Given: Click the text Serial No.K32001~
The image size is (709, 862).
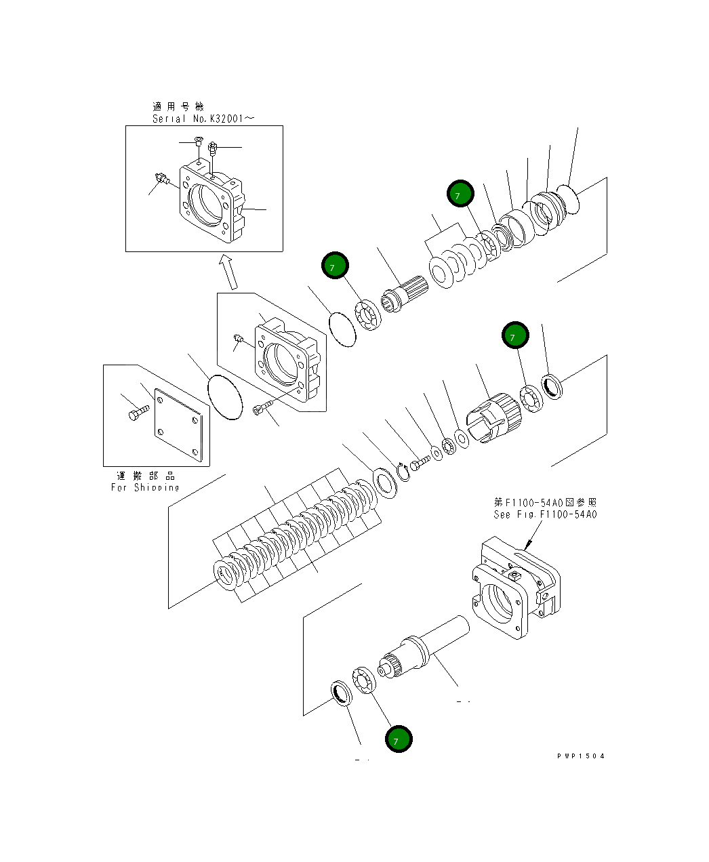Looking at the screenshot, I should (203, 119).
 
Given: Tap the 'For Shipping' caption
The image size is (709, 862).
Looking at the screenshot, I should (145, 487).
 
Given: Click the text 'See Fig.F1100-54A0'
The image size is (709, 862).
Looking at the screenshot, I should (545, 514).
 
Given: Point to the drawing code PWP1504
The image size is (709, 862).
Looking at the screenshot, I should (581, 756).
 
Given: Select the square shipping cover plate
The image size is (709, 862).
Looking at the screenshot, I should (178, 427).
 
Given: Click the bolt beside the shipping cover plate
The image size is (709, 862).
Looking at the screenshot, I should (138, 411).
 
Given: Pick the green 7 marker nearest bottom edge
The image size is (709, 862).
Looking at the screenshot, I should (399, 739).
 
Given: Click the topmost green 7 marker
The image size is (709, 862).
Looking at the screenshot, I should (460, 194).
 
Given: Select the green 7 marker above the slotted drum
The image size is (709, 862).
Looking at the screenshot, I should (515, 335).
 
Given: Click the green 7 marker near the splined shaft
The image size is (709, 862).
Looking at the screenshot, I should (335, 266).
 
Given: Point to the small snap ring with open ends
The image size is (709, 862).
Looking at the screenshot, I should (403, 470).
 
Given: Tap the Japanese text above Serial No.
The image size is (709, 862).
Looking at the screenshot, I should (178, 106).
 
